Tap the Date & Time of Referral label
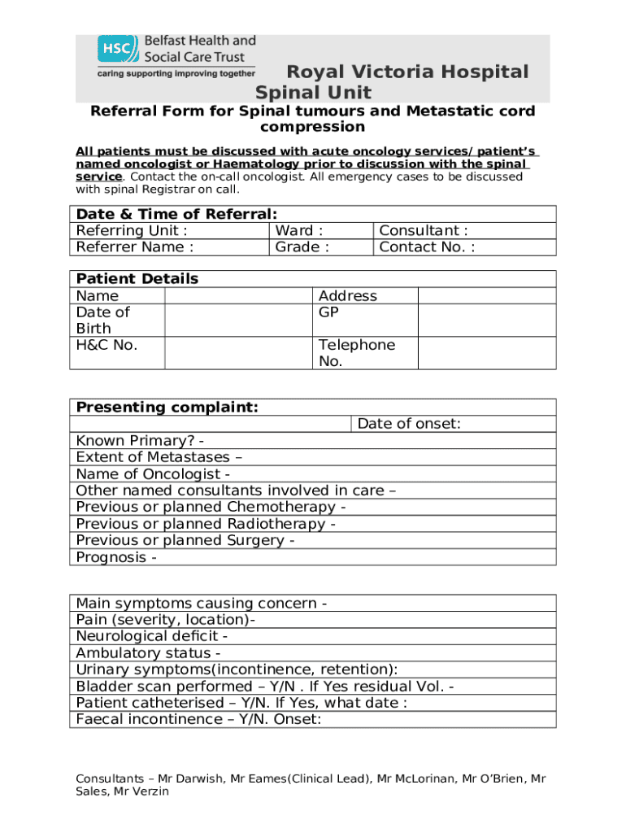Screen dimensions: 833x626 click(176, 214)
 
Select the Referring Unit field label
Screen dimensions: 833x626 click(131, 231)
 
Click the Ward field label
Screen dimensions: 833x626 click(299, 231)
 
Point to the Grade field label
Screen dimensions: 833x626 click(302, 247)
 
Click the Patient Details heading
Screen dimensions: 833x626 click(137, 279)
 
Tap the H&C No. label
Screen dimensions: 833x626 click(107, 345)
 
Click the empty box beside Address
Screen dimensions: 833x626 click(486, 312)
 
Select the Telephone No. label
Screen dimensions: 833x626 click(356, 352)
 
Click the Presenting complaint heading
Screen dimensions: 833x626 click(167, 408)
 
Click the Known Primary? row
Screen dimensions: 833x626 click(139, 442)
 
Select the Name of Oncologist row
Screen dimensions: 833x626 click(153, 474)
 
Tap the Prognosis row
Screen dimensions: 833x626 click(116, 557)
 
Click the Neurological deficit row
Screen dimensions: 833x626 click(151, 637)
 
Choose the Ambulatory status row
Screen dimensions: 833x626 click(148, 653)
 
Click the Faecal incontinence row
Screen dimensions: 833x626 click(198, 719)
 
